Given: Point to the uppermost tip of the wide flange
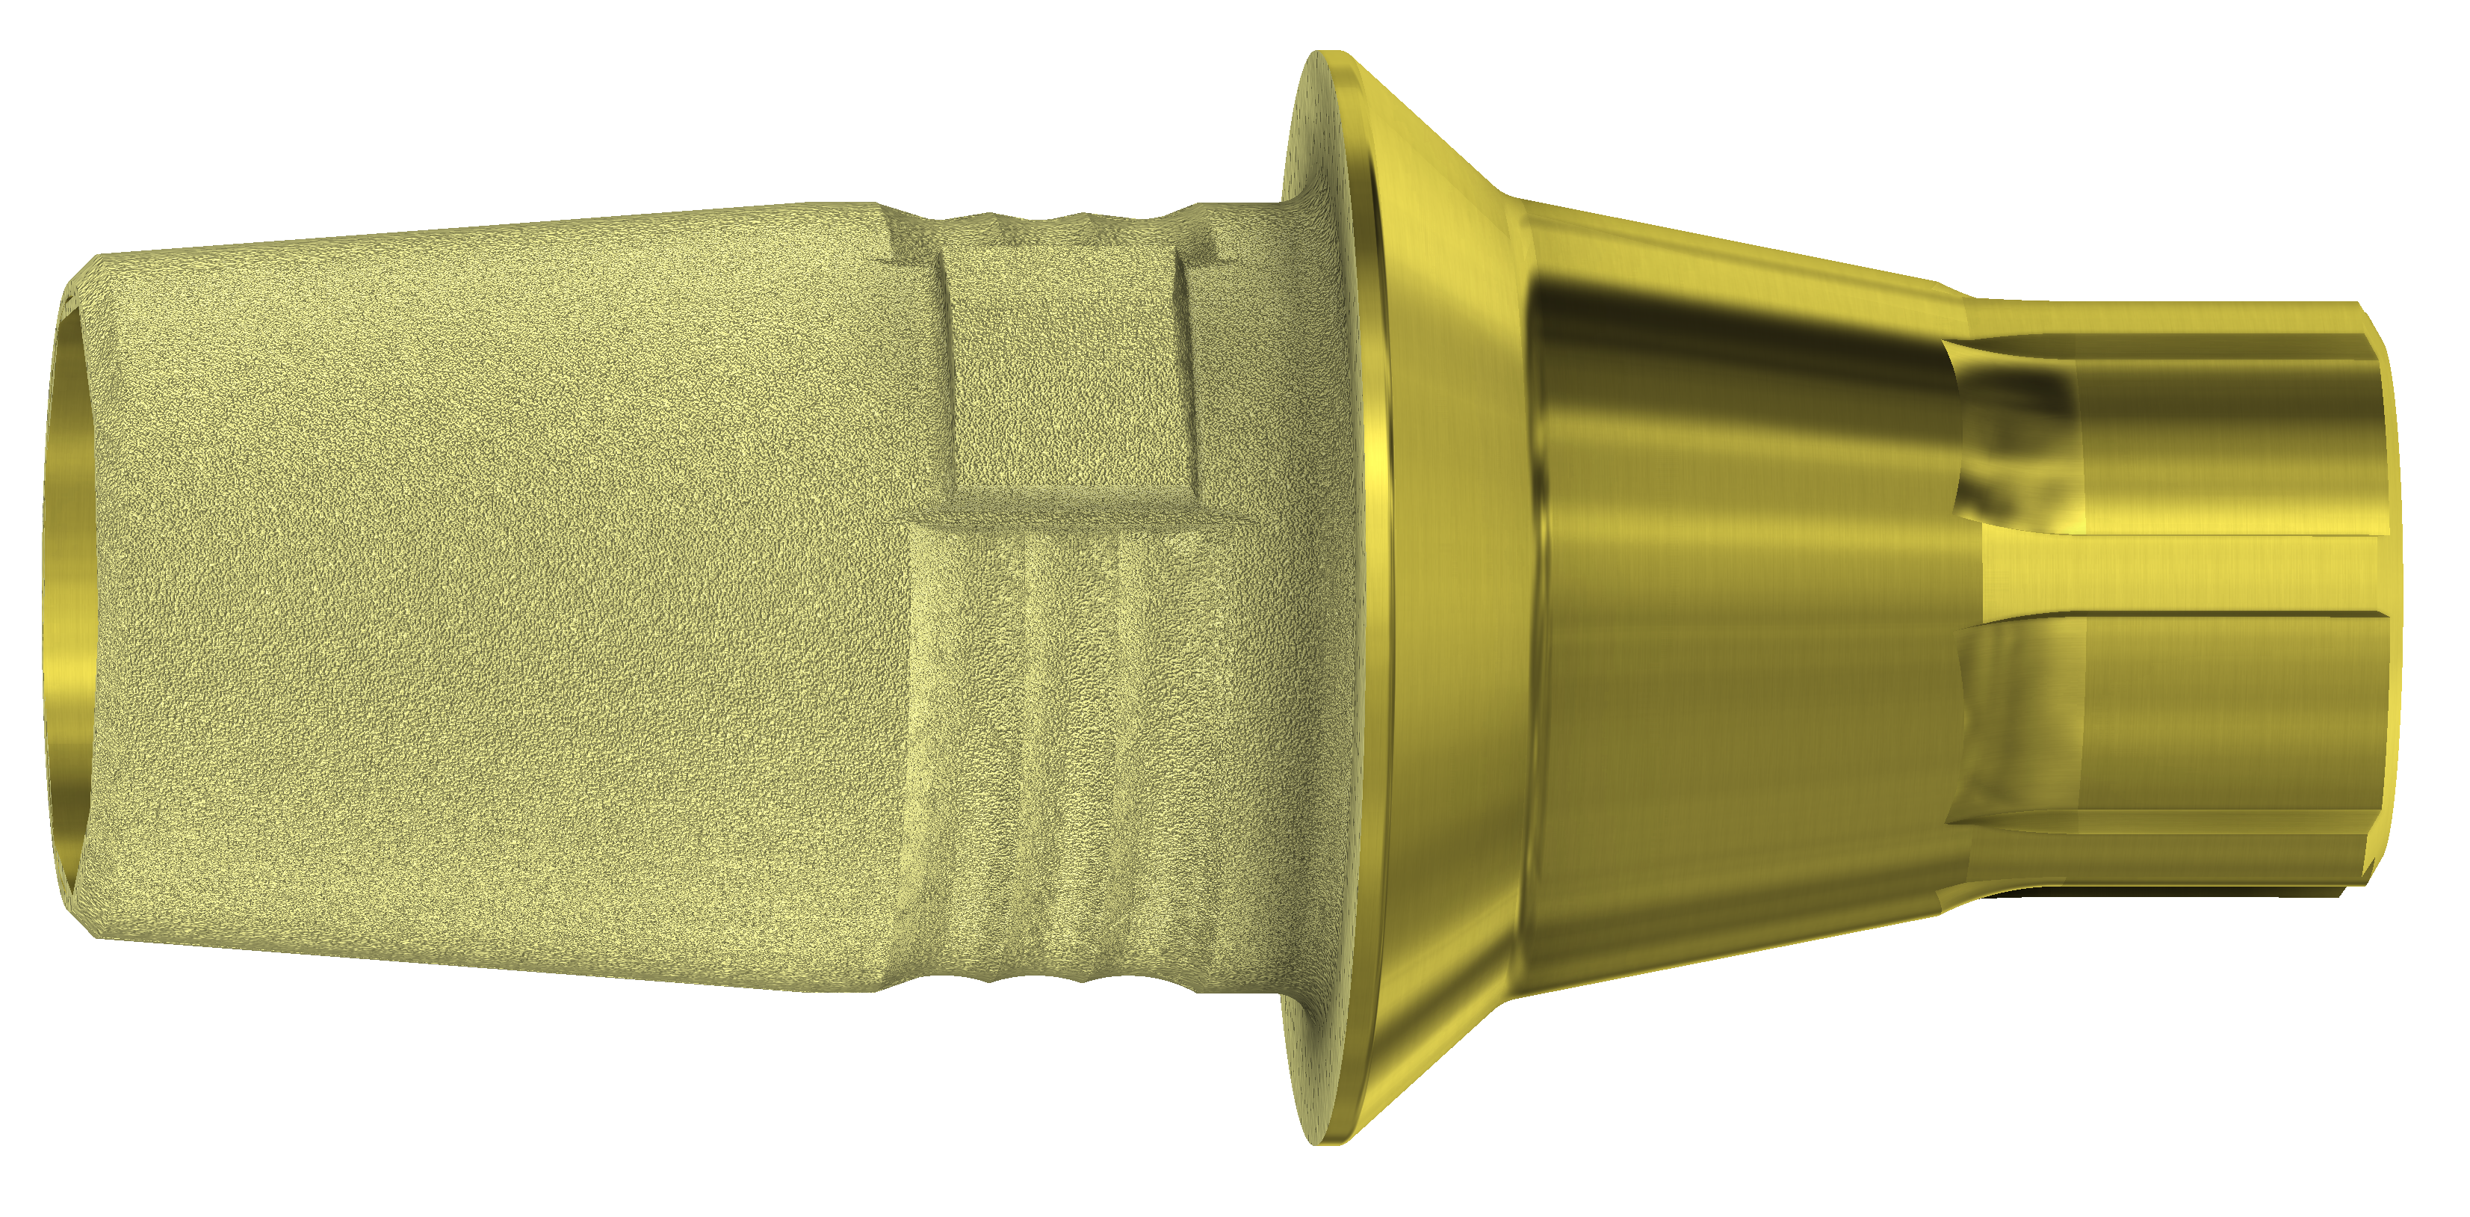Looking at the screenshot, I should [x=1328, y=55].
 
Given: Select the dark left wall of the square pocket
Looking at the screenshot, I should [x=944, y=374].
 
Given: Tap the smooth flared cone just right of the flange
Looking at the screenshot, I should [x=1448, y=594].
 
